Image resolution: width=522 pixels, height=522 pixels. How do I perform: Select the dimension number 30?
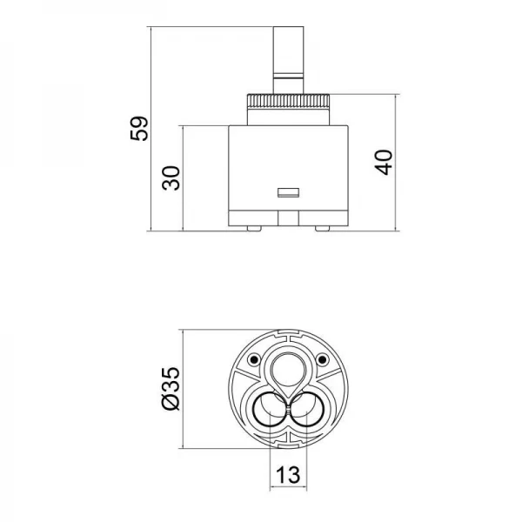click(172, 177)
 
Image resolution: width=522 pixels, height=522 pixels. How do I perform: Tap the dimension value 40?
click(385, 162)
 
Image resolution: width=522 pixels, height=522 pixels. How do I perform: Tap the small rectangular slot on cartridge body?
click(287, 191)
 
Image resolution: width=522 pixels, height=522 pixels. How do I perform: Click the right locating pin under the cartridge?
click(323, 228)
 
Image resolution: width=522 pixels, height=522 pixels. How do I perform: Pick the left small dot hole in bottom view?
click(253, 359)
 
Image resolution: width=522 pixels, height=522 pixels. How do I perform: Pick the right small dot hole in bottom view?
click(322, 359)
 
